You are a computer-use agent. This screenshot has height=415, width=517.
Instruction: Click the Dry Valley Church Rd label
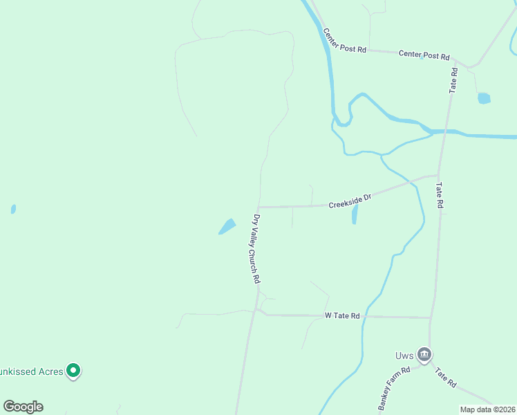256,249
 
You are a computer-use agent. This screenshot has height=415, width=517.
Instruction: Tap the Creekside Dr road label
350,201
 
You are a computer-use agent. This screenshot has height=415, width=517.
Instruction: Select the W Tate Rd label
343,315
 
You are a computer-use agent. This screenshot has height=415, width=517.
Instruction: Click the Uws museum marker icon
424,356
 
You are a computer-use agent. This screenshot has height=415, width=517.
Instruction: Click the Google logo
23,407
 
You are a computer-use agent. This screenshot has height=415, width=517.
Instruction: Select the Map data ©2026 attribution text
487,409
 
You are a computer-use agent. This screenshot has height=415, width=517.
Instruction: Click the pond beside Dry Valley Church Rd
227,226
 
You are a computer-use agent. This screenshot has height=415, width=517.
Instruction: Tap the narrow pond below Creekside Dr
355,214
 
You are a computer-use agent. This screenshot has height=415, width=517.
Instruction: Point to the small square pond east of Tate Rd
484,98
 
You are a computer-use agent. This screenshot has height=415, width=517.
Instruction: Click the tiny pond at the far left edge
13,209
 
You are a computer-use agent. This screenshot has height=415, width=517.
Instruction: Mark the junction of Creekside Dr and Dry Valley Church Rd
258,207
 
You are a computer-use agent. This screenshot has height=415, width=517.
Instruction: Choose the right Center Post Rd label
424,55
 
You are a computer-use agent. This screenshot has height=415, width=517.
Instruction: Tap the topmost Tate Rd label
453,80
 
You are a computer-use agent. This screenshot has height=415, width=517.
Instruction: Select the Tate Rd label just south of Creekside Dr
438,195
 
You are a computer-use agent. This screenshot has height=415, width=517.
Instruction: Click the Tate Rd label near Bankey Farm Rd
445,378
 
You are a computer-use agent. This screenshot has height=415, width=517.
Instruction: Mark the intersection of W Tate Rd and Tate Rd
431,318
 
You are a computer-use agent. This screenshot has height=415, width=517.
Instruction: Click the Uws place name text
405,356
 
